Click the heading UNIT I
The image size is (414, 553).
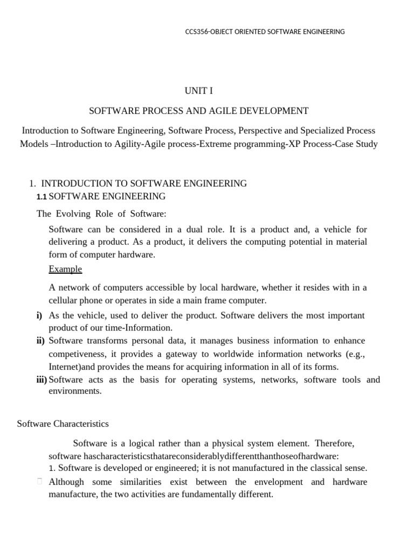199,91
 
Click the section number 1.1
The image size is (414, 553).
42,197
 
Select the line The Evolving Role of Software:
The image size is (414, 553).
101,213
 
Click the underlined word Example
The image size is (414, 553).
65,269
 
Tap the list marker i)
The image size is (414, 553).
39,315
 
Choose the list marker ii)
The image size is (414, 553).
40,341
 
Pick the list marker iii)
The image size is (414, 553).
42,380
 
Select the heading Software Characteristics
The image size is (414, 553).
63,423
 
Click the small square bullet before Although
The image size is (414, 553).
39,482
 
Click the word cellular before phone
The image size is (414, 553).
64,300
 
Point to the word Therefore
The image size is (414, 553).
334,443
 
